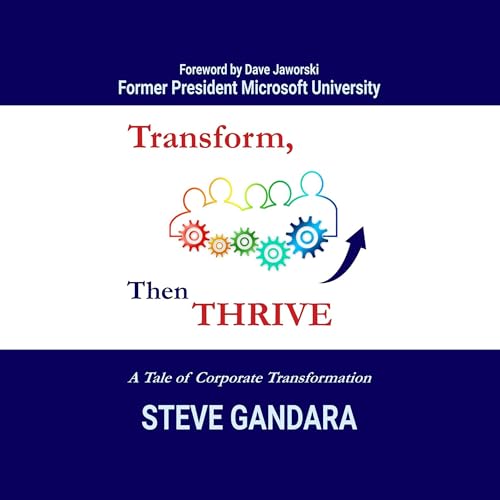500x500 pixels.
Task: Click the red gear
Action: point(193,235)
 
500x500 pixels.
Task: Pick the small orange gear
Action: point(219,244)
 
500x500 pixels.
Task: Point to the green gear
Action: point(244,240)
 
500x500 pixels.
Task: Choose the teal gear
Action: point(272,252)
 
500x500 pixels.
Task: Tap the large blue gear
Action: point(306,236)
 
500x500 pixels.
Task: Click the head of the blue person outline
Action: point(313,183)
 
